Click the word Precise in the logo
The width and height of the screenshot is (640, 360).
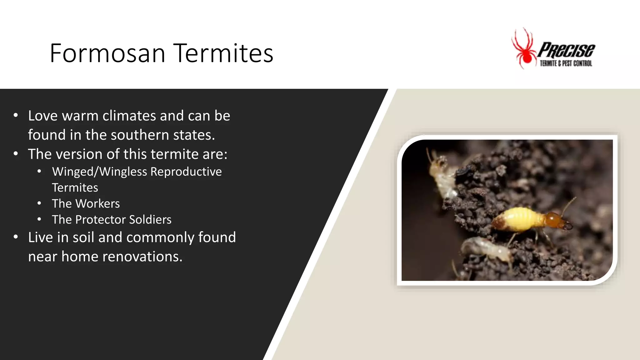click(x=566, y=50)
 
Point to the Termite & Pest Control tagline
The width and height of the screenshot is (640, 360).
click(x=566, y=63)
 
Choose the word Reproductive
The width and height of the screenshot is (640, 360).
click(x=186, y=172)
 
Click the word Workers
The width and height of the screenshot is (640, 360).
click(x=97, y=204)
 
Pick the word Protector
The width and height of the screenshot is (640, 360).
click(x=100, y=220)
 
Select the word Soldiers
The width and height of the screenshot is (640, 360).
click(x=150, y=220)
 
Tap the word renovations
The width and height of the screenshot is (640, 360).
click(x=142, y=257)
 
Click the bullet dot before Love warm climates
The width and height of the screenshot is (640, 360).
click(x=16, y=116)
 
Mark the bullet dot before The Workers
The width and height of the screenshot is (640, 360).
click(x=39, y=203)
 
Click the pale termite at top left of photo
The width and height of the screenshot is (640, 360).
click(x=441, y=175)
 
